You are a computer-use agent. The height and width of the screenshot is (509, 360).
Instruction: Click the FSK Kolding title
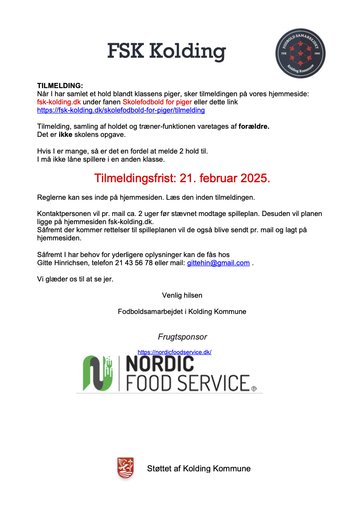(x=166, y=52)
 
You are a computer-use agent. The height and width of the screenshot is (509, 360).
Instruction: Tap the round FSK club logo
(x=300, y=53)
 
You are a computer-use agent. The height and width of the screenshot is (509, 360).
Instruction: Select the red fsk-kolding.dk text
(x=59, y=102)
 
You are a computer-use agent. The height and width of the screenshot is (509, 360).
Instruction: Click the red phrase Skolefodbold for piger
(x=157, y=102)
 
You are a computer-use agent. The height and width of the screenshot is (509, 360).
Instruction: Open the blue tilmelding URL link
(x=121, y=110)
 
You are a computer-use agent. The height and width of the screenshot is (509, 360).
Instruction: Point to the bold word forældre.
(x=254, y=127)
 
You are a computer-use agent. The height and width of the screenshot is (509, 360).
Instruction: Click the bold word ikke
(x=65, y=135)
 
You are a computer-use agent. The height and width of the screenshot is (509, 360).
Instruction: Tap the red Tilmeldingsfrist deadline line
(x=182, y=178)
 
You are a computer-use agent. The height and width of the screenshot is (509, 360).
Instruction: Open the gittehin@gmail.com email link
(x=218, y=263)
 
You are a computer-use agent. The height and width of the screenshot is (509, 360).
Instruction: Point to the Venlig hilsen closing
(x=182, y=295)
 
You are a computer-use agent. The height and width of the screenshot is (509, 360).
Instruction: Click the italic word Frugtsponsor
(x=182, y=337)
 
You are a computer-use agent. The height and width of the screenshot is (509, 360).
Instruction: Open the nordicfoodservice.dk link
(x=175, y=352)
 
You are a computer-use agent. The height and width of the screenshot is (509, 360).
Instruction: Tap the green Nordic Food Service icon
(x=98, y=373)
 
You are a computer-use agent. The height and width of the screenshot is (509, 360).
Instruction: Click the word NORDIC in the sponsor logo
(x=160, y=364)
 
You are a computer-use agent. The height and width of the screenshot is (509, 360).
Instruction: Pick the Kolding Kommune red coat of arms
(x=125, y=468)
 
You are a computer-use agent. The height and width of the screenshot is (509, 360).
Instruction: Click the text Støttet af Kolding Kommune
(x=199, y=468)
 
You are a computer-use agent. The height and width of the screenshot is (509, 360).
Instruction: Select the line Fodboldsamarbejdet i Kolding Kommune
(x=182, y=311)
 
